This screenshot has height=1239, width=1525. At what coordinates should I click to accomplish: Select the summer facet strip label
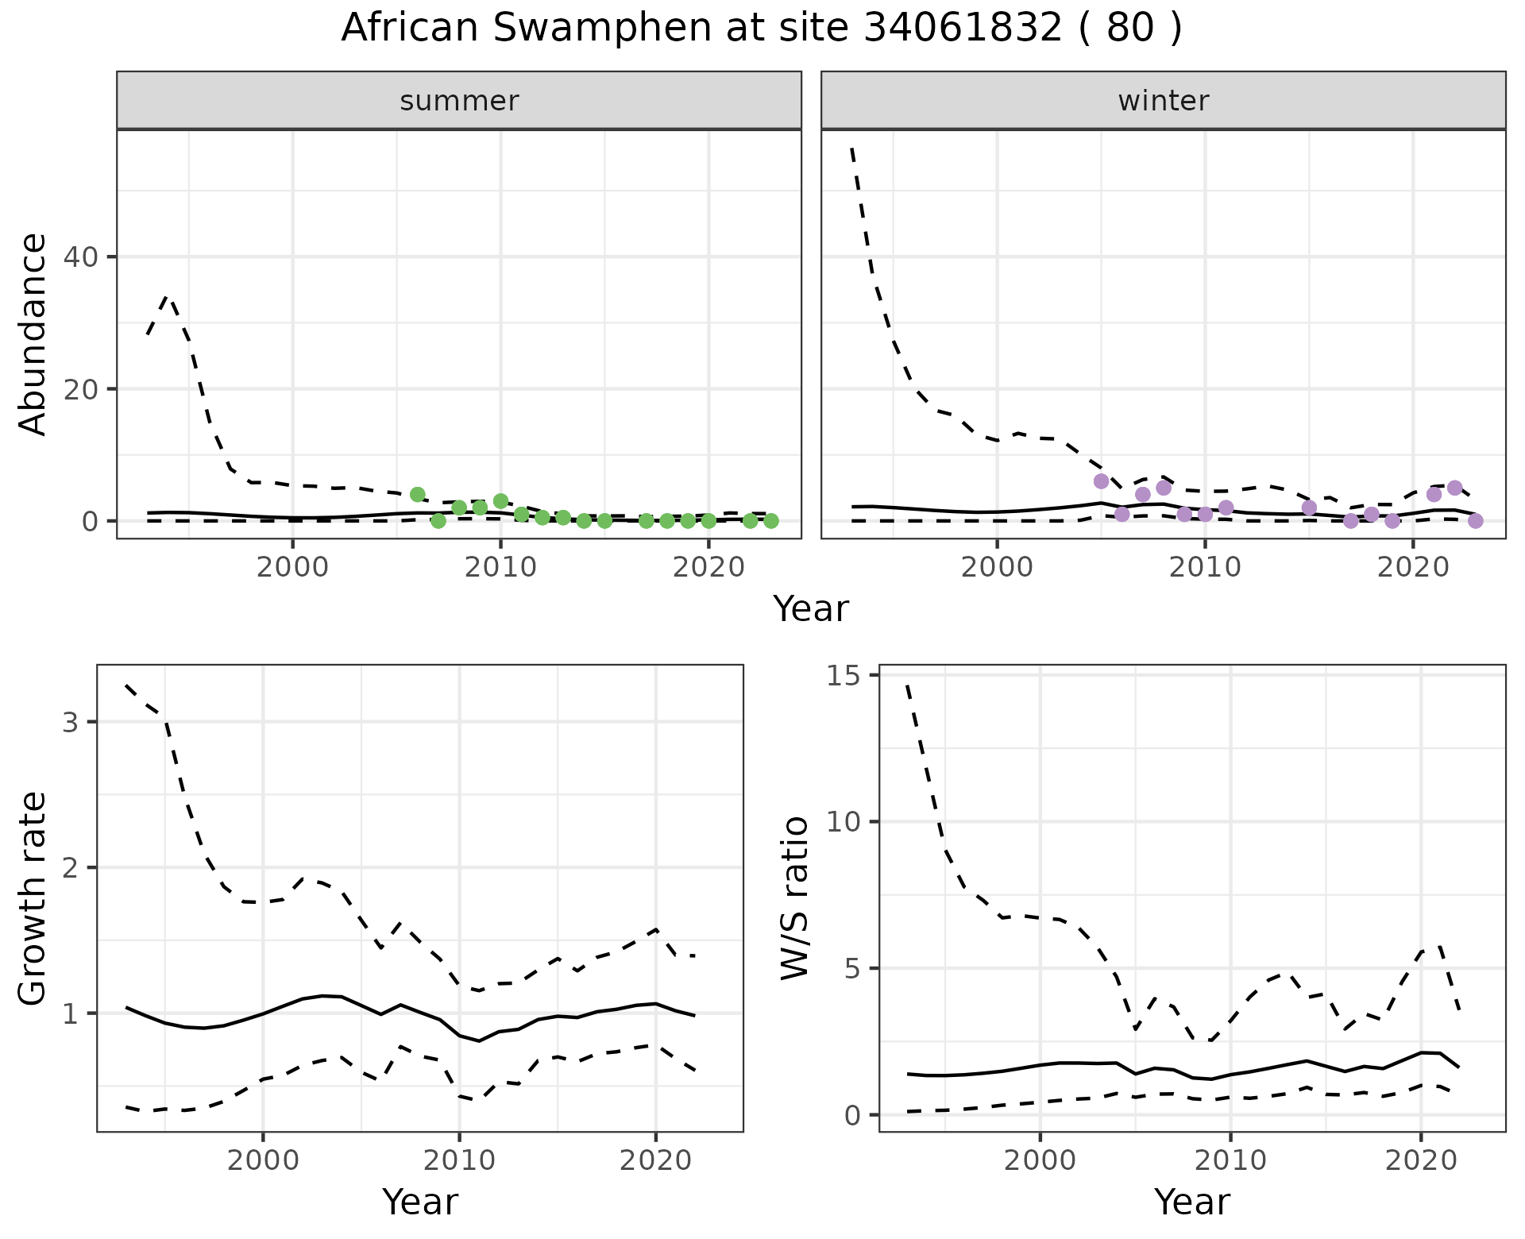pos(459,101)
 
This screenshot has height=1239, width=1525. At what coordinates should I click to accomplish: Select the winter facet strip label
pos(1163,101)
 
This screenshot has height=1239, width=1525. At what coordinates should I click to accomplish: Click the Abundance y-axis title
pos(33,334)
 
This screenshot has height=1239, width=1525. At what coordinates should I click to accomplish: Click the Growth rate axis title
pos(33,898)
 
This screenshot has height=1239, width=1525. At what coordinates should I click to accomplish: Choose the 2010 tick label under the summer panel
pos(500,568)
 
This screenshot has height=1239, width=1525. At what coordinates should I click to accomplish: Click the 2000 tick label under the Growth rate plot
pos(263,1160)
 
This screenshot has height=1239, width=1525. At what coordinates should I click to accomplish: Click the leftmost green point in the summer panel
pos(418,495)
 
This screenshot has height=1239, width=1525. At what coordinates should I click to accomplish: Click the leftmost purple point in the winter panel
pos(1101,481)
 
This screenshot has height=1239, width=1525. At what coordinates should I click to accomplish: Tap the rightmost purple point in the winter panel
pos(1476,521)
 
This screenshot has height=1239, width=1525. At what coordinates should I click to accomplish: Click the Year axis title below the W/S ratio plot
pos(1191,1202)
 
